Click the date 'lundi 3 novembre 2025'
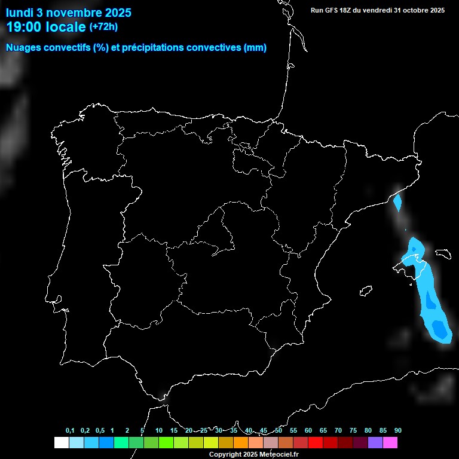pos(68,13)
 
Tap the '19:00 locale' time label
pos(45,27)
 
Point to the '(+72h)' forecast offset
pos(103,26)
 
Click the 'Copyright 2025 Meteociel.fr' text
pos(253,454)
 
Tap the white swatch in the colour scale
pos(61,443)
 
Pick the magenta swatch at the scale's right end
pos(390,443)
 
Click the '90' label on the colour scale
pos(397,431)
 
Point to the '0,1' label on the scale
pos(70,431)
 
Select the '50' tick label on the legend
pos(279,431)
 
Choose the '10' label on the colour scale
pos(158,431)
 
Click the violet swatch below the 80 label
pos(375,443)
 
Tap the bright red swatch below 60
pos(315,443)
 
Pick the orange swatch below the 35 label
pos(240,443)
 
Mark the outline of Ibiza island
pos(366,290)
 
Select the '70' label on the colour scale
pos(338,431)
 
